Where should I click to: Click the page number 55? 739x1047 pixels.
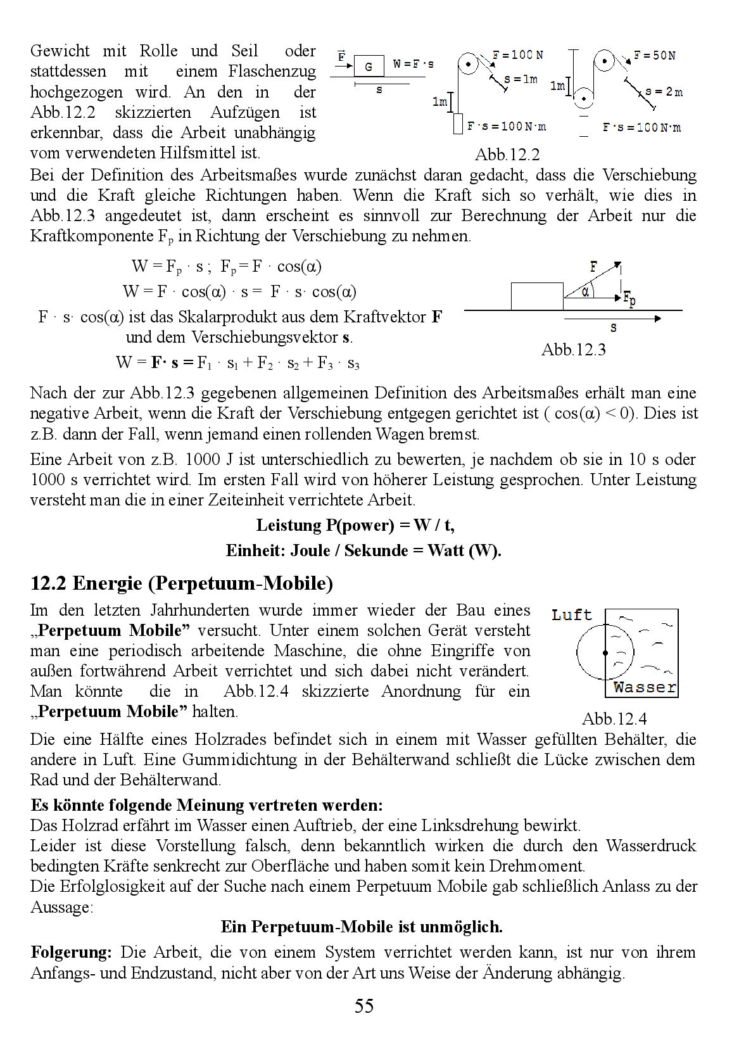tap(364, 1006)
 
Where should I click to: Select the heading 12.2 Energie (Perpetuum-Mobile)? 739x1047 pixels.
tap(182, 583)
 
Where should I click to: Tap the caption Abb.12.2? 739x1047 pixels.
tap(507, 155)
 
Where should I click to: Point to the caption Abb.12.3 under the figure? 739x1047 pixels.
tap(574, 350)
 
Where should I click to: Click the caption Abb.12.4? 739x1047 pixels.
tap(614, 719)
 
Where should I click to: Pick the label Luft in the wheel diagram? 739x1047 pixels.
tap(572, 615)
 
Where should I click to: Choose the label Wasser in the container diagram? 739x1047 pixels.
tap(645, 687)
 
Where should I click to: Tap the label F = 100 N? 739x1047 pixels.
tap(518, 56)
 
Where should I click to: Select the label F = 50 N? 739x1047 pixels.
tap(654, 56)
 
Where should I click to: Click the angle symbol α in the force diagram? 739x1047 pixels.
tap(586, 292)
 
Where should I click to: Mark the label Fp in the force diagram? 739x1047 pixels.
tap(629, 298)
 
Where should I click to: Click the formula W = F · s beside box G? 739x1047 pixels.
tap(414, 64)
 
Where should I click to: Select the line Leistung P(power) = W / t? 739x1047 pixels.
tap(355, 526)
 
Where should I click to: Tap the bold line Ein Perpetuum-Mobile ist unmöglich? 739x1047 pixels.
tap(362, 927)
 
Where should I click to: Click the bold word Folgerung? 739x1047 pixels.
tap(72, 953)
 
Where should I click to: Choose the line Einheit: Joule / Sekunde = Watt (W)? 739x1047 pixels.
tap(363, 551)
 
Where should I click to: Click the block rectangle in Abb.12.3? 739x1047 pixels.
tap(537, 296)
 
